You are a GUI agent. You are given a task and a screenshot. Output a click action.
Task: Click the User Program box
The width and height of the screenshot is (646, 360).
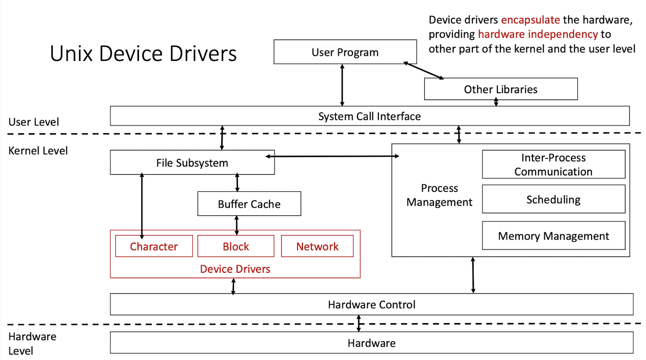point(345,52)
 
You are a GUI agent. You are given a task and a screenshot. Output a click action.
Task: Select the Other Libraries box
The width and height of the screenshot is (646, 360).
point(500,89)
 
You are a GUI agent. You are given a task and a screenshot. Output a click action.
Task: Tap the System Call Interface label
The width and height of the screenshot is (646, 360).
point(369,116)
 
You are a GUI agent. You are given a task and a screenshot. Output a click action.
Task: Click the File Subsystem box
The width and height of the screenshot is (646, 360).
point(192,163)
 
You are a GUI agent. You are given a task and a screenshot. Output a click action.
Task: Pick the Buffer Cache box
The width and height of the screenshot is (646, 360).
point(249,204)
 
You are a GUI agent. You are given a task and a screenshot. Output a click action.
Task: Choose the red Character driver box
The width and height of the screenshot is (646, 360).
point(154,246)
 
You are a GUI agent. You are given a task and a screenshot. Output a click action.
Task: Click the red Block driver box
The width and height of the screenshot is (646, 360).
point(236,246)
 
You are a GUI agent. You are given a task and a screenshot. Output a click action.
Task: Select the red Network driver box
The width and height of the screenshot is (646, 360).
point(317,246)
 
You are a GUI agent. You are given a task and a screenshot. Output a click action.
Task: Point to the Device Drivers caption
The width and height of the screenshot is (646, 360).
point(235,269)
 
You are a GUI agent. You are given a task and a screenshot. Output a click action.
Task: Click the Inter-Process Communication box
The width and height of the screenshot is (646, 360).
point(553,165)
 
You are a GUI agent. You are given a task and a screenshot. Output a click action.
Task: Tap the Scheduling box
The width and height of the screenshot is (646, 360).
point(553,200)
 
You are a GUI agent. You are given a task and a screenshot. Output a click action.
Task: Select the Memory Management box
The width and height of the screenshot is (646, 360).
point(553,236)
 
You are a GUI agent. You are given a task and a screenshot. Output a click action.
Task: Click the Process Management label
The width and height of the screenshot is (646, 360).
point(439,195)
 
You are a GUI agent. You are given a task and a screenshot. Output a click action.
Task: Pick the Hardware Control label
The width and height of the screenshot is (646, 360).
point(372,305)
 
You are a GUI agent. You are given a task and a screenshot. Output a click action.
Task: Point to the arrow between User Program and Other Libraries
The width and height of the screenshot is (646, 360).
point(423,70)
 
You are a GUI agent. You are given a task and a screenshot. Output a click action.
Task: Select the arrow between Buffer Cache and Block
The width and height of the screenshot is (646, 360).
point(236,225)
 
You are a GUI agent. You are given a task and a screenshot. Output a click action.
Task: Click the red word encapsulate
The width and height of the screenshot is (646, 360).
point(530,20)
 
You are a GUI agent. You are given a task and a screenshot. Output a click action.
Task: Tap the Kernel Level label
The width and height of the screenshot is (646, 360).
point(38,150)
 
